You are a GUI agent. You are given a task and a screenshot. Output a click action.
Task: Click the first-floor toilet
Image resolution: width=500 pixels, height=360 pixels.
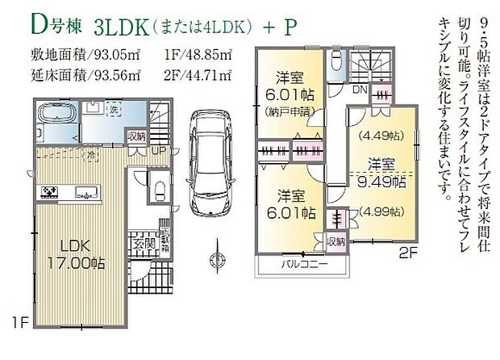pos(160,188)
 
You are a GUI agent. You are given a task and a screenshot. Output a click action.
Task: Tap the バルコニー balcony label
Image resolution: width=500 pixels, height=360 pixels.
pos(303,265)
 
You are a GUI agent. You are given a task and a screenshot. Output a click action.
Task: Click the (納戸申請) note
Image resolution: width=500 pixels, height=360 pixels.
pos(285,114)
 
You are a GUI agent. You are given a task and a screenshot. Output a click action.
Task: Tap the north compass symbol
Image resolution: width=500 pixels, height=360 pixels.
pos(215,259)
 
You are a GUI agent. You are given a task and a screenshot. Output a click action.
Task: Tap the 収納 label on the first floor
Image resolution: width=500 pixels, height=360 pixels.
pos(138,137)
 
